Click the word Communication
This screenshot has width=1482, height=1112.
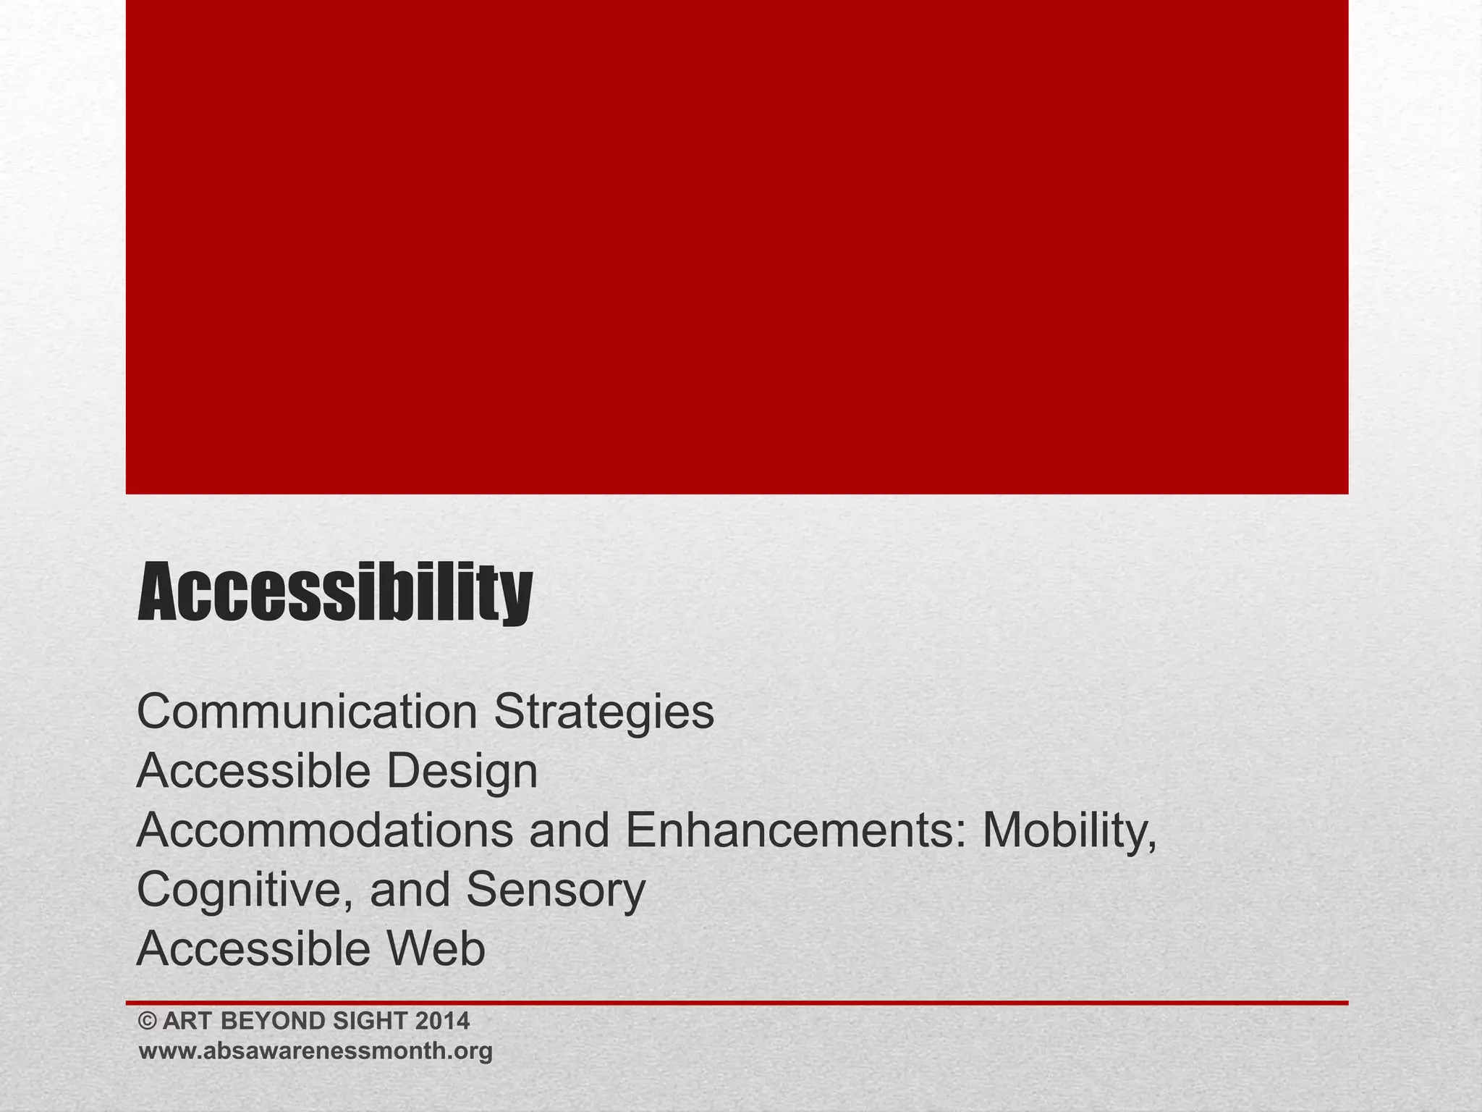[307, 712]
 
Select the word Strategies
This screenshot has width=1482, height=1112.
[604, 712]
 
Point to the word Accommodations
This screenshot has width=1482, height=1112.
[324, 831]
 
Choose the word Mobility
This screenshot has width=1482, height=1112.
[1070, 831]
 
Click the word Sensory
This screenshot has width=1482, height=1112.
[555, 890]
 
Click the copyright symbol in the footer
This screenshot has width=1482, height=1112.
[148, 1022]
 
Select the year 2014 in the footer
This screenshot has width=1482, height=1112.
[442, 1022]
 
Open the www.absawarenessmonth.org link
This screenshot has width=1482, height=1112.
[316, 1051]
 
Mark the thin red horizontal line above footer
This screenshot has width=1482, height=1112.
[737, 1003]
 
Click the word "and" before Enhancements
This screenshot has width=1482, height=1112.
[569, 831]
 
